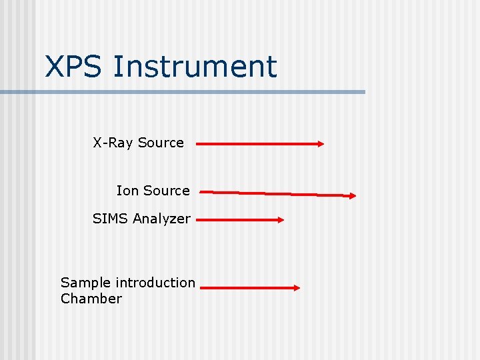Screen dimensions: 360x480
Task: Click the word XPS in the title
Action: [x=73, y=67]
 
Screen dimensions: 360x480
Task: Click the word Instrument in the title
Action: [x=195, y=67]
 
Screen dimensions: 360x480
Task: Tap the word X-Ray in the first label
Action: [x=113, y=143]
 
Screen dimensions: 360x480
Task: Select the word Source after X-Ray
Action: [x=161, y=143]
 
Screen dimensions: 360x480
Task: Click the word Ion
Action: [x=127, y=191]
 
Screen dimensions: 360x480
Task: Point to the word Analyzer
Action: [x=161, y=219]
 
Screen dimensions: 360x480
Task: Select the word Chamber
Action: [x=91, y=299]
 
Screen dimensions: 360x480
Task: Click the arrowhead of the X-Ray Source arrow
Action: [x=321, y=143]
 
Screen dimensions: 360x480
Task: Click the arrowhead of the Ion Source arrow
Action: [x=353, y=196]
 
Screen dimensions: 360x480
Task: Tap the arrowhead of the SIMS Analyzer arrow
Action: [x=281, y=219]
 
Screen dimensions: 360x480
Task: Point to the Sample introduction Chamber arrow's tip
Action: [x=297, y=288]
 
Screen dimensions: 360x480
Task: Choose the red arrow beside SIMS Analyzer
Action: [x=240, y=219]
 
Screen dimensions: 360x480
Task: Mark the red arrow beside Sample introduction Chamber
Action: [x=249, y=288]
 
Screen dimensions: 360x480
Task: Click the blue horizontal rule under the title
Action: [x=183, y=92]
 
